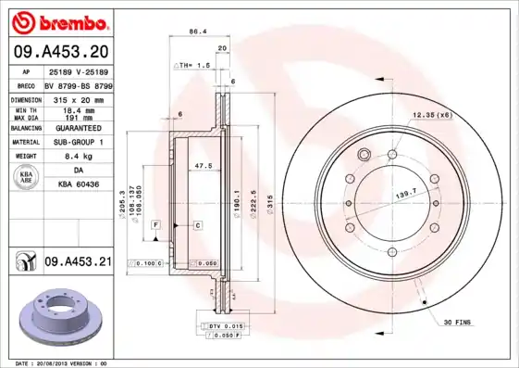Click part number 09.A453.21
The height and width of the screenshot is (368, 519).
77,263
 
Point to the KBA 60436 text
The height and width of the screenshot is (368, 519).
79,184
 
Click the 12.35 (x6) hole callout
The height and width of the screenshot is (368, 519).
431,114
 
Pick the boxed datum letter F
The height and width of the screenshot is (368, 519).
156,225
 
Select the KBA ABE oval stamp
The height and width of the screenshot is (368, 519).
28,179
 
